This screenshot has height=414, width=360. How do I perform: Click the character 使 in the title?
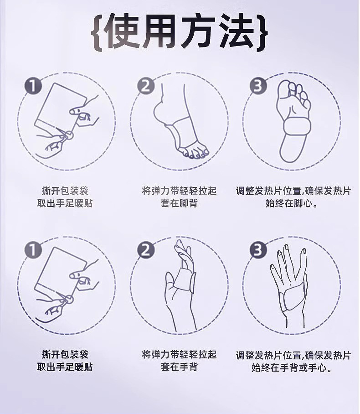tap(120, 32)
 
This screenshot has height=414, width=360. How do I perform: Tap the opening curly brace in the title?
tap(97, 32)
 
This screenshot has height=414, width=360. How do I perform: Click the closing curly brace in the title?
tap(262, 32)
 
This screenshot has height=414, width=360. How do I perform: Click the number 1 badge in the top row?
tap(33, 86)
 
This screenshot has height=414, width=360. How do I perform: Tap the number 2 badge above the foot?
tap(146, 86)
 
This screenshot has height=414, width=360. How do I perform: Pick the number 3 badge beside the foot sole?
tap(258, 86)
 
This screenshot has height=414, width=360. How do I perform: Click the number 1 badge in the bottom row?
tap(33, 249)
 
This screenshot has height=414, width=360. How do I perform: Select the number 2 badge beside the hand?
tap(146, 249)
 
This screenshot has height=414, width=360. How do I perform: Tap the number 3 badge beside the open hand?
tap(258, 249)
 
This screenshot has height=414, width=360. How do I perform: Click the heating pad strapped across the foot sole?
tap(297, 125)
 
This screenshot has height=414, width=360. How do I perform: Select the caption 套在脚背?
tap(179, 203)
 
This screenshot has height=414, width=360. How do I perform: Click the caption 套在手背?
tap(179, 367)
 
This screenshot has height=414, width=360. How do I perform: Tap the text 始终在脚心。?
tap(292, 203)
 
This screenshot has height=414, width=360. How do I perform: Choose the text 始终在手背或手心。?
tap(292, 367)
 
